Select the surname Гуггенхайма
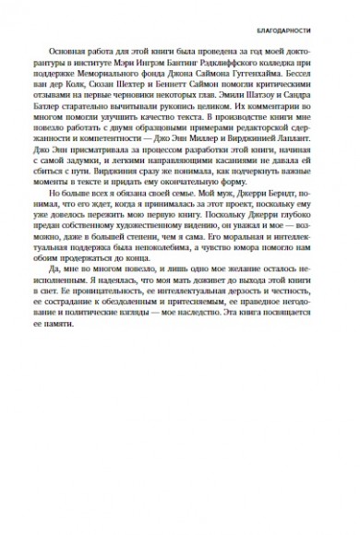click(267, 80)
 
